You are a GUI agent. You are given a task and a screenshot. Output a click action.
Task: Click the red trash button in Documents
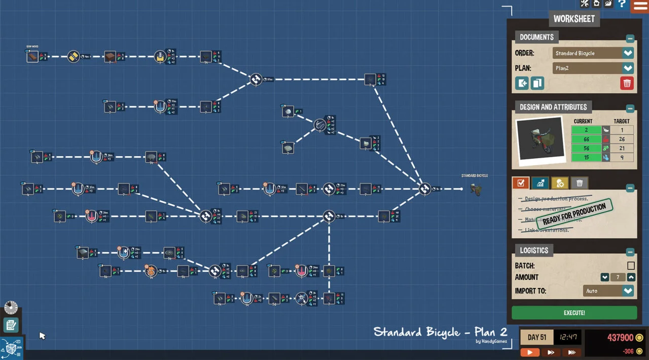[x=627, y=83]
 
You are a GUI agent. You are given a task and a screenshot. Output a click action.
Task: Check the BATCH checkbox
[x=631, y=266]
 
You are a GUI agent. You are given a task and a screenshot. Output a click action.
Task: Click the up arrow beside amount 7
[x=631, y=277]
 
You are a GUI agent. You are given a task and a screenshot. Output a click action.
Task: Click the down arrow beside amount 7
[x=604, y=277]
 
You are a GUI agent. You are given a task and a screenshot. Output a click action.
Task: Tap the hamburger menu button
[x=639, y=6]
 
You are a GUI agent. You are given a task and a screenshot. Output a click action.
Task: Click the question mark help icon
[x=622, y=4]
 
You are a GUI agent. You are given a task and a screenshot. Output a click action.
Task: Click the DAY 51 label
[x=537, y=337]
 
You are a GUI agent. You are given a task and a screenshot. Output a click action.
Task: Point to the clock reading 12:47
[x=567, y=337]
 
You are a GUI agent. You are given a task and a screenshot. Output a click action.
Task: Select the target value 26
[x=622, y=139]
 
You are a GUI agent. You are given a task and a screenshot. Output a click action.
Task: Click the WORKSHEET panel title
[x=574, y=19]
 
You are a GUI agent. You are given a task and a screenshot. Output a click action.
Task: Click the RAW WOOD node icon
[x=32, y=57]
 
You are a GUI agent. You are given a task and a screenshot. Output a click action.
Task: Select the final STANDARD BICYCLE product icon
[x=475, y=189]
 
